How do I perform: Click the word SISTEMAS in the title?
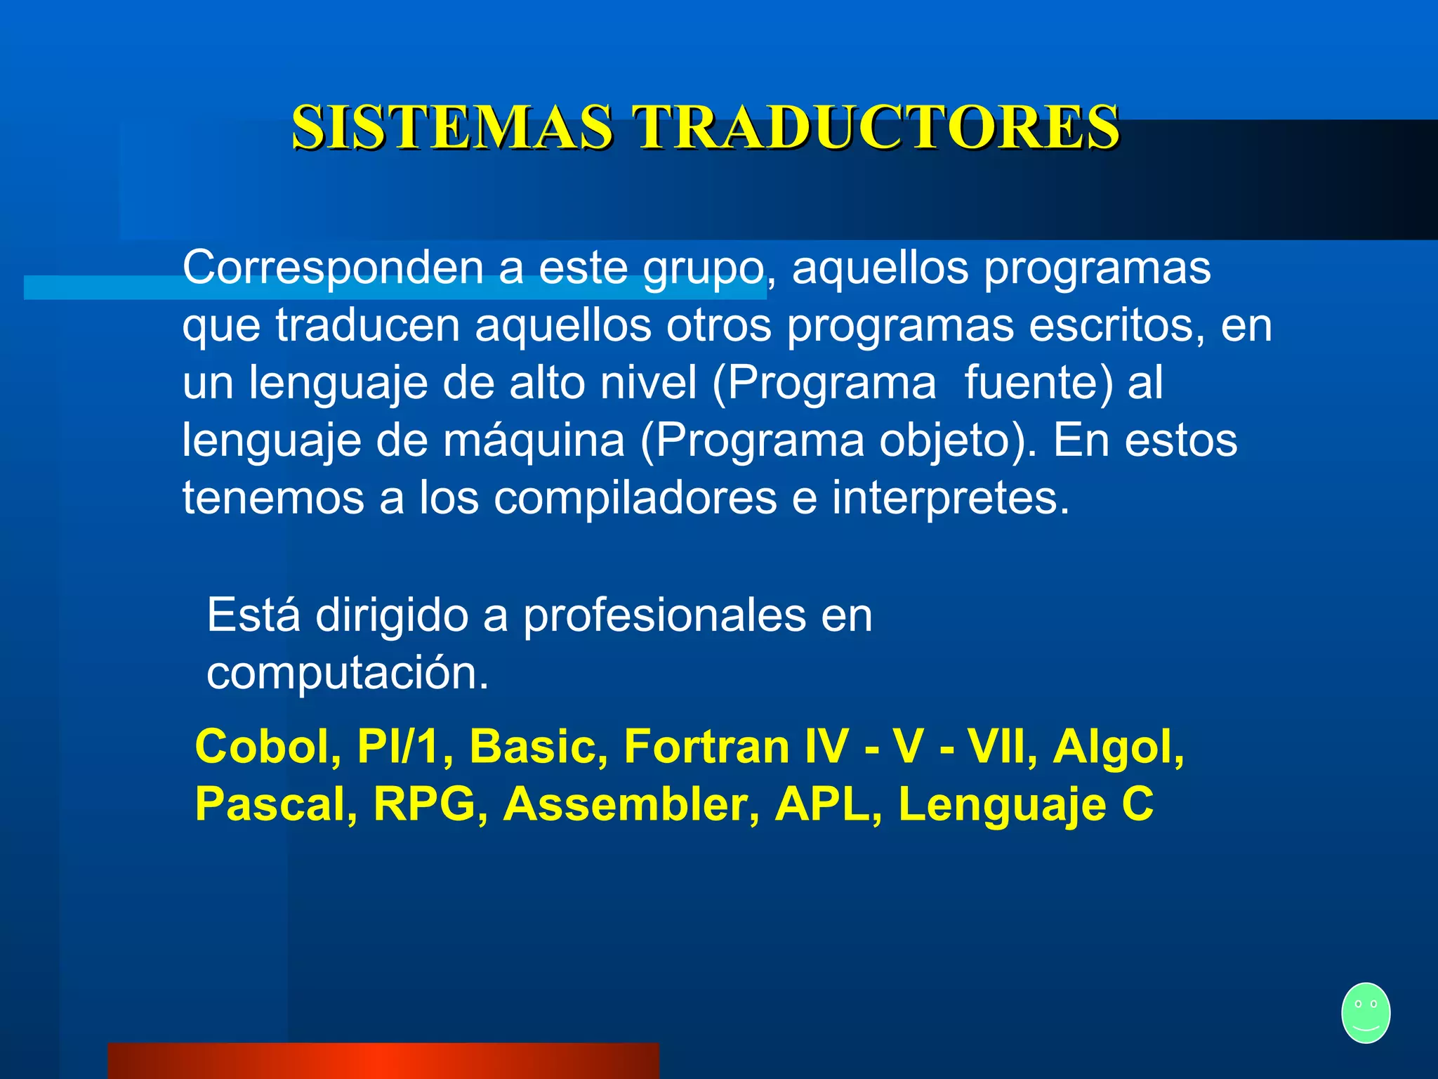pos(452,127)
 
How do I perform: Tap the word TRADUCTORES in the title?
pos(876,127)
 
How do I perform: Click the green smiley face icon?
pos(1365,1012)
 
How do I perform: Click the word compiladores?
pos(635,499)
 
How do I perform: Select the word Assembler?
pos(631,804)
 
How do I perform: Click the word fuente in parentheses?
pos(1038,384)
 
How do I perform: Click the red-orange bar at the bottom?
pos(383,1061)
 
